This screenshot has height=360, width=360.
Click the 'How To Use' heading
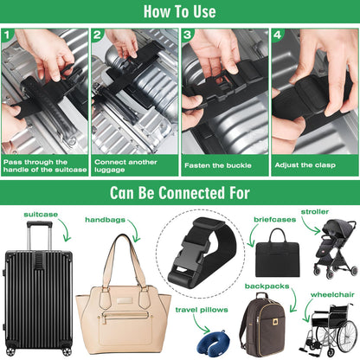click(180, 12)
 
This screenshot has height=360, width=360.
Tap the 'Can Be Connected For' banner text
click(180, 190)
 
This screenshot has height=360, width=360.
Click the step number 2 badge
click(99, 37)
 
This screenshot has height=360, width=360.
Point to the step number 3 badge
click(188, 37)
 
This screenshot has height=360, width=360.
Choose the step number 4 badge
click(277, 37)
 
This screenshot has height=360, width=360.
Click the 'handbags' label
click(104, 220)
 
